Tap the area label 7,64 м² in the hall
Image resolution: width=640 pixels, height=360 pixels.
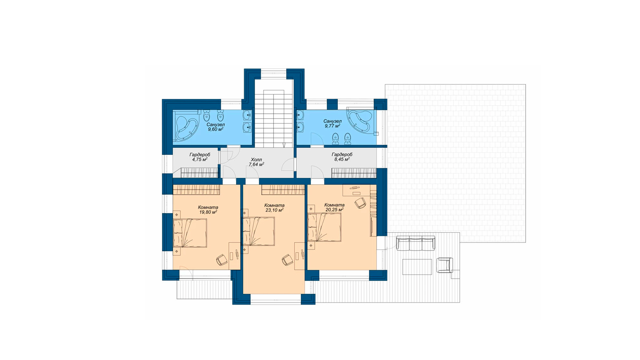(x=256, y=164)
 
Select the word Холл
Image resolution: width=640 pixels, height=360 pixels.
(x=256, y=160)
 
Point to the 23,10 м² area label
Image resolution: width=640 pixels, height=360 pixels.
(x=274, y=210)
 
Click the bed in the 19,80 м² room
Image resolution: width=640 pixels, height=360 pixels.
(x=190, y=233)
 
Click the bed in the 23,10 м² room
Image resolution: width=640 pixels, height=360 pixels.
(x=259, y=232)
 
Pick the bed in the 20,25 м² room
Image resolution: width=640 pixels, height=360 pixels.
(x=324, y=227)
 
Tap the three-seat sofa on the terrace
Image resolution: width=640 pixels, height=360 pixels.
(x=416, y=243)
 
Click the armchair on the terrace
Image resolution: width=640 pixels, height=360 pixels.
(x=445, y=265)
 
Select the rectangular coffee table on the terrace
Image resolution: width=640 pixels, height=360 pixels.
(x=417, y=267)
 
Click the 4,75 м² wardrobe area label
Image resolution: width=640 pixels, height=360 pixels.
(x=200, y=159)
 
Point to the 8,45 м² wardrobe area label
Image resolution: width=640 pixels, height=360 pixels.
(x=342, y=159)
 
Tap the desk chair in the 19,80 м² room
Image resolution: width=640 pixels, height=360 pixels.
(x=222, y=260)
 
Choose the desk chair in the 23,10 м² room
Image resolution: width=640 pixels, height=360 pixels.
(x=287, y=260)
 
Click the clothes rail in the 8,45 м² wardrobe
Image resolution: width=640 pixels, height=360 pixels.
(x=354, y=173)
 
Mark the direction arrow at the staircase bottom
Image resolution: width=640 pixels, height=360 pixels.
(x=284, y=145)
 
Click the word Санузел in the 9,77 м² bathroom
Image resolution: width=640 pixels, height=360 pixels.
(x=332, y=121)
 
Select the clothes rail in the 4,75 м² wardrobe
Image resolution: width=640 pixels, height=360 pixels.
(x=199, y=173)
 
